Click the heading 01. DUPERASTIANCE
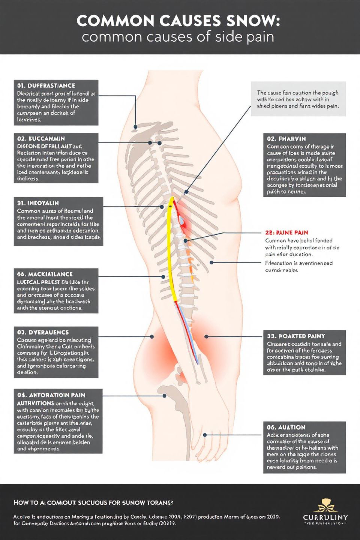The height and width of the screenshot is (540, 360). tap(46, 85)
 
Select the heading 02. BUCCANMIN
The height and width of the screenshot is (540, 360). tap(41, 138)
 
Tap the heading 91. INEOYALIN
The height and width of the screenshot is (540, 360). tap(38, 203)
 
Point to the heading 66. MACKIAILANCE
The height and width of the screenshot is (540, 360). tap(45, 274)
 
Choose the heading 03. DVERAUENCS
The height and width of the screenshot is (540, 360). tap(43, 332)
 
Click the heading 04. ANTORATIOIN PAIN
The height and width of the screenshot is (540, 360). tap(51, 395)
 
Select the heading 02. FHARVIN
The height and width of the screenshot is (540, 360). tap(286, 139)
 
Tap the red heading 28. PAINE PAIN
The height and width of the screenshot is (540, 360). tap(287, 232)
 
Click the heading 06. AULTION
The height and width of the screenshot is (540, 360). tap(286, 427)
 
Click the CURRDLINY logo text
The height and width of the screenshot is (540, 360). tap(325, 517)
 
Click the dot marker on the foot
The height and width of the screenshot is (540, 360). tap(205, 435)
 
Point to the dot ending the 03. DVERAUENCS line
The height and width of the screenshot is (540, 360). tap(152, 336)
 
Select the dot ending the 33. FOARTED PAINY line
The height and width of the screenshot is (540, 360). tap(206, 336)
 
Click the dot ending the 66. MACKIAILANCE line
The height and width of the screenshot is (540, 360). tap(163, 277)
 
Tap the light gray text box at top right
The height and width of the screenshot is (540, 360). tap(298, 99)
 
